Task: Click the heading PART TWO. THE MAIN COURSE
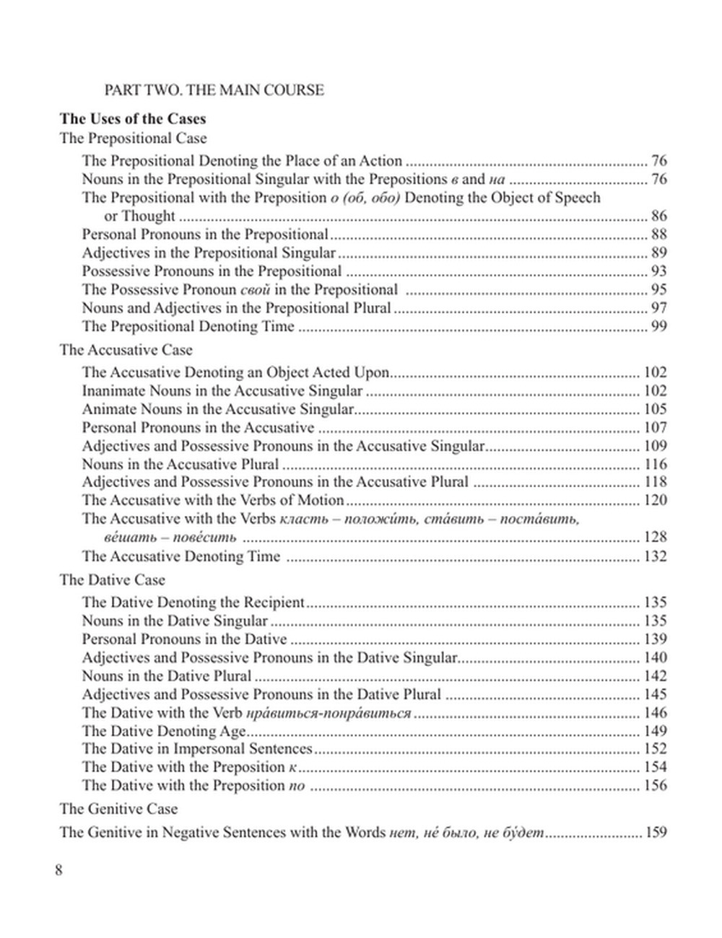pyautogui.click(x=214, y=90)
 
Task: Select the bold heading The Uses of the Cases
pyautogui.click(x=133, y=119)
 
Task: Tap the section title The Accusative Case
pyautogui.click(x=126, y=350)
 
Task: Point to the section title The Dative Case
pyautogui.click(x=113, y=580)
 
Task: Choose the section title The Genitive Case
pyautogui.click(x=118, y=809)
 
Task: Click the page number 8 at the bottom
pyautogui.click(x=58, y=869)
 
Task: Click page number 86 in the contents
pyautogui.click(x=658, y=216)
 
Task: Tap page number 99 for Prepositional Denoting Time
pyautogui.click(x=658, y=326)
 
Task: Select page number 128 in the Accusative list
pyautogui.click(x=655, y=537)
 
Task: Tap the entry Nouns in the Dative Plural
pyautogui.click(x=167, y=676)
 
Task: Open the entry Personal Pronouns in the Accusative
pyautogui.click(x=198, y=427)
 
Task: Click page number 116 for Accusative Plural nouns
pyautogui.click(x=655, y=464)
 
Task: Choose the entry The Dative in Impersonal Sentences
pyautogui.click(x=197, y=749)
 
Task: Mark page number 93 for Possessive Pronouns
pyautogui.click(x=658, y=271)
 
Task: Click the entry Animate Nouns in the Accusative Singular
pyautogui.click(x=218, y=409)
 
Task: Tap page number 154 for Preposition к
pyautogui.click(x=655, y=767)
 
